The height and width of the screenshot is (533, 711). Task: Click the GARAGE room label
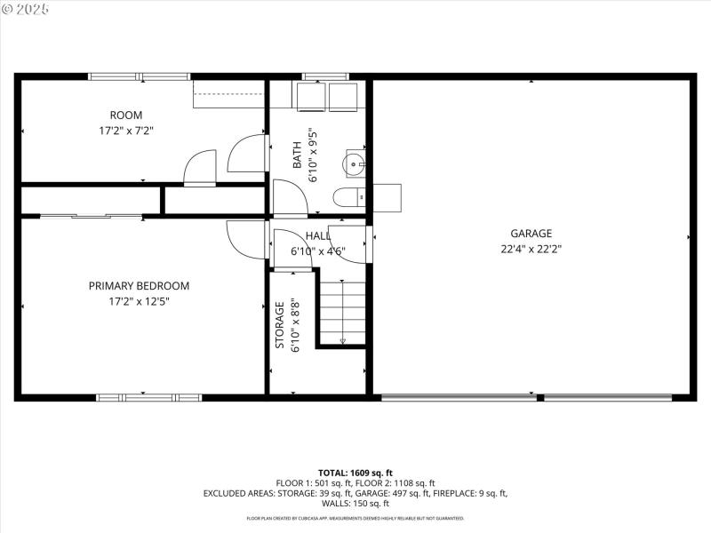(531, 234)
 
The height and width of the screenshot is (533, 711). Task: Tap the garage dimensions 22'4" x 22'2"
(531, 249)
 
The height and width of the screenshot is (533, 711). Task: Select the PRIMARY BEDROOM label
(139, 286)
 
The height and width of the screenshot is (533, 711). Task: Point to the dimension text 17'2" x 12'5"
(139, 301)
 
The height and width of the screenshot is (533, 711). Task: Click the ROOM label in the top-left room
(125, 115)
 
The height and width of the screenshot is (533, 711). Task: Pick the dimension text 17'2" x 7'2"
(125, 130)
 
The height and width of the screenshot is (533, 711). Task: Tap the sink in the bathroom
(355, 163)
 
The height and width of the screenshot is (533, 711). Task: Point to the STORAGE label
(279, 326)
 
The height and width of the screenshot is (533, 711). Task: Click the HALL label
(317, 235)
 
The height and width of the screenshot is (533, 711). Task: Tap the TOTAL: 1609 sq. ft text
(355, 473)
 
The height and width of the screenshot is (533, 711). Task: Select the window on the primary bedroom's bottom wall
(137, 397)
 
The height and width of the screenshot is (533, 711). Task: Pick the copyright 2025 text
(26, 9)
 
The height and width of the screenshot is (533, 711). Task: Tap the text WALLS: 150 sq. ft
(355, 503)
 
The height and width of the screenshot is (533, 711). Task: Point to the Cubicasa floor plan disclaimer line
(355, 518)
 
